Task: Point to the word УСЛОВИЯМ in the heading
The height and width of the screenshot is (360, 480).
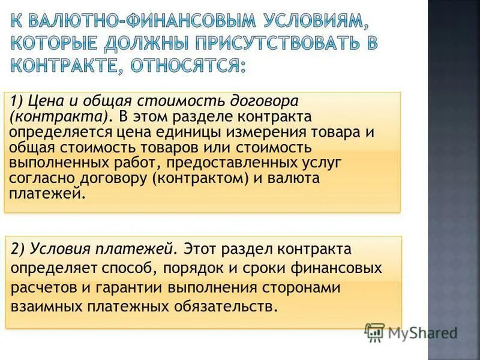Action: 306,23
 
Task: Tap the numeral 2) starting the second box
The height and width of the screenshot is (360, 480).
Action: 22,248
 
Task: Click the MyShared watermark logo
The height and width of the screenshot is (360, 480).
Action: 412,332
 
